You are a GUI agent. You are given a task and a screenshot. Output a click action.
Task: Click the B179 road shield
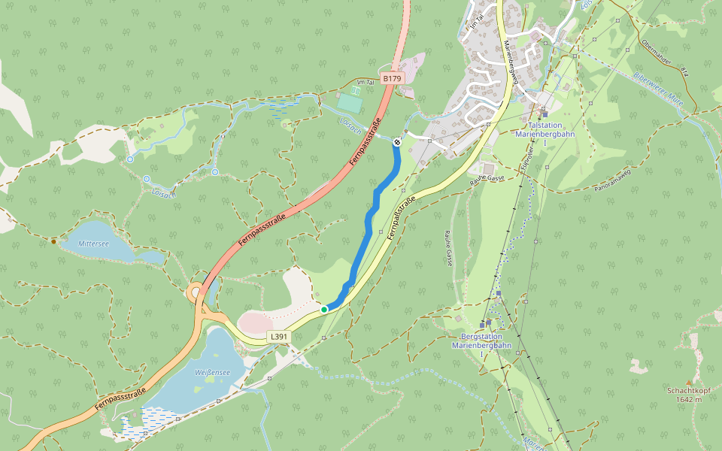pyautogui.click(x=393, y=78)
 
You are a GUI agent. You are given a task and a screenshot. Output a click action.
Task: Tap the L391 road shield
pyautogui.click(x=279, y=337)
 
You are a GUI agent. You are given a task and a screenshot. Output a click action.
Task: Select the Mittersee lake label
pyautogui.click(x=94, y=244)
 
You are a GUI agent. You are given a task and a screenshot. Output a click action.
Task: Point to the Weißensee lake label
pyautogui.click(x=212, y=372)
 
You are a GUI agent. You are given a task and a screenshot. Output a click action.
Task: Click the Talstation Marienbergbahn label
pyautogui.click(x=545, y=129)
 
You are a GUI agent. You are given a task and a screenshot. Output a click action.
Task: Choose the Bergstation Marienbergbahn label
pyautogui.click(x=481, y=341)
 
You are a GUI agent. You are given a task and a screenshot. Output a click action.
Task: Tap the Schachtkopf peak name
pyautogui.click(x=688, y=390)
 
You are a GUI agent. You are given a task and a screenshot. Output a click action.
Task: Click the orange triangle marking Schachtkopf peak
pyautogui.click(x=688, y=382)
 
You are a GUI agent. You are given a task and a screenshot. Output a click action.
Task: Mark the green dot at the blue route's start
pyautogui.click(x=324, y=309)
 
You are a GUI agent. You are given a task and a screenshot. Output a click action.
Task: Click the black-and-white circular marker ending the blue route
pyautogui.click(x=397, y=141)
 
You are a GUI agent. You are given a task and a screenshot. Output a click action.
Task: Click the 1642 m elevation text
pyautogui.click(x=688, y=399)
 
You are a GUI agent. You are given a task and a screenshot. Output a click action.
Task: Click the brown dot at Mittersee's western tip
pyautogui.click(x=53, y=241)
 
